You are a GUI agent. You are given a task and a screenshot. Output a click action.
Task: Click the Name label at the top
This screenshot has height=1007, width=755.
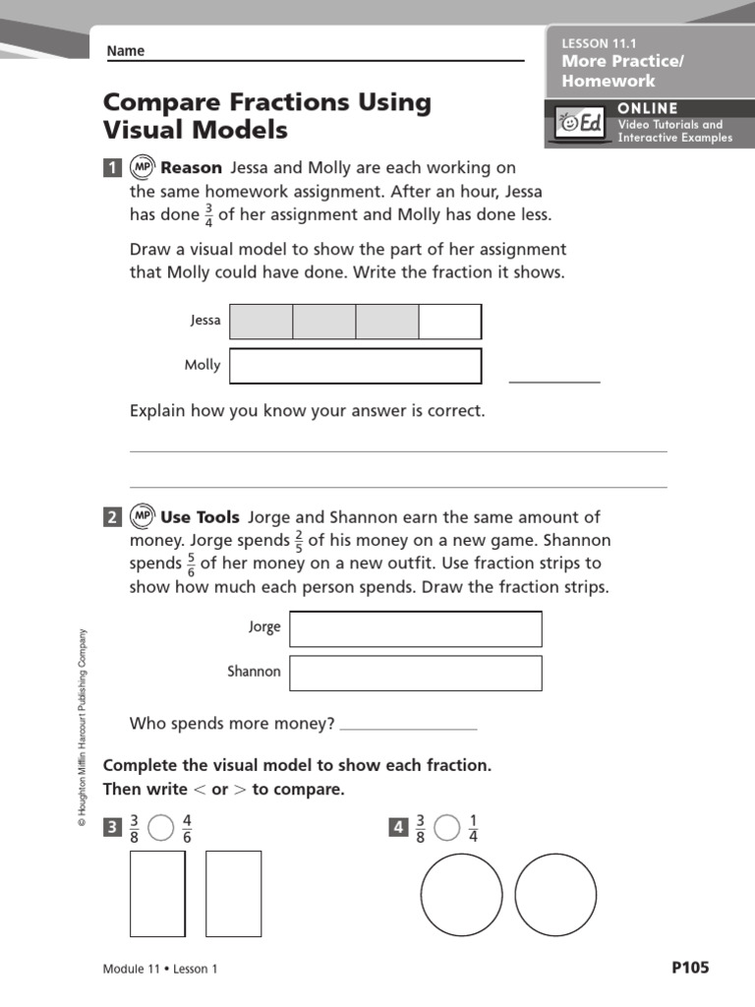pyautogui.click(x=125, y=51)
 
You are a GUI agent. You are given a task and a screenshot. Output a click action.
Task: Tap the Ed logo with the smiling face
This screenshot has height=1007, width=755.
pyautogui.click(x=580, y=125)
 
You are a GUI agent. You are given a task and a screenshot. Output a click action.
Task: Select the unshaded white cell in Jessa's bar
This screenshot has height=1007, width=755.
pyautogui.click(x=450, y=322)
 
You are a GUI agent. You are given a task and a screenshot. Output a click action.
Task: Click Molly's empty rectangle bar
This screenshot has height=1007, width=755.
pyautogui.click(x=355, y=366)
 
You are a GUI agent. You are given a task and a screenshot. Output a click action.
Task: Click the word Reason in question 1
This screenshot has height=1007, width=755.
pyautogui.click(x=192, y=168)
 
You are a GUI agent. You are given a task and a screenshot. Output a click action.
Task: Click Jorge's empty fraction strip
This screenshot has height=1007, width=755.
pyautogui.click(x=415, y=629)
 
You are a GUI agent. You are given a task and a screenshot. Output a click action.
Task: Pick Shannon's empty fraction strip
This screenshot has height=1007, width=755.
pyautogui.click(x=415, y=674)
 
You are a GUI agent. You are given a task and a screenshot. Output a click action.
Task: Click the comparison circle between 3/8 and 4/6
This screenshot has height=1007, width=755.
pyautogui.click(x=160, y=829)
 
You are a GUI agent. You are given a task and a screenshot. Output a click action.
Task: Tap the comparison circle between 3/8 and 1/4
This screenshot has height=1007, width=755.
pyautogui.click(x=446, y=829)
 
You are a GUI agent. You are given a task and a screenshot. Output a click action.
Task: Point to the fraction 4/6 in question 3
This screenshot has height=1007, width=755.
pyautogui.click(x=187, y=829)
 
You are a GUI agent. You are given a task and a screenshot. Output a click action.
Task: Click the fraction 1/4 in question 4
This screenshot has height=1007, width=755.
pyautogui.click(x=473, y=829)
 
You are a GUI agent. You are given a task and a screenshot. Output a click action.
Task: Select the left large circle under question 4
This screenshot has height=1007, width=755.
pyautogui.click(x=461, y=895)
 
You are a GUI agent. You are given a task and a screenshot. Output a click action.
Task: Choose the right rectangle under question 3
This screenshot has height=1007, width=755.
pyautogui.click(x=233, y=893)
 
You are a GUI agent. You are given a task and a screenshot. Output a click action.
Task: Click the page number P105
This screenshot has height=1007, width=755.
pyautogui.click(x=689, y=968)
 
